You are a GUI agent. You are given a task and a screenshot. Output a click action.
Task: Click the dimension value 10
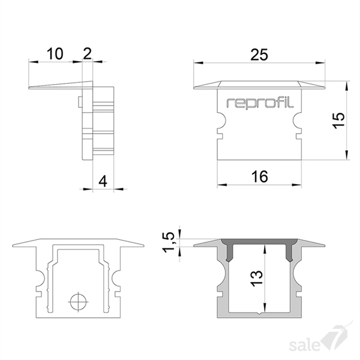coord(55,54)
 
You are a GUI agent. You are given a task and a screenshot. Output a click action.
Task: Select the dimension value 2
coord(87,53)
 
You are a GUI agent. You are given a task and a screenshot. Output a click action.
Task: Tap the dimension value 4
coord(103,181)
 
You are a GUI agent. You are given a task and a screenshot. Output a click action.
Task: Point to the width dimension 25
coord(259,55)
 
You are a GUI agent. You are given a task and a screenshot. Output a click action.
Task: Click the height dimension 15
coord(338,121)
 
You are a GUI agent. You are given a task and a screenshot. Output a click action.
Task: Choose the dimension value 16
coord(259,176)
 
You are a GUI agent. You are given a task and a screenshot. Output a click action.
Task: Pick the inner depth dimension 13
coord(256,278)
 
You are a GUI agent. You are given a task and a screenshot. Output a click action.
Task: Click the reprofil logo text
coord(260,103)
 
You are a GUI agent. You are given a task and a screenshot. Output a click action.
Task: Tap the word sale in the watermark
coord(304,346)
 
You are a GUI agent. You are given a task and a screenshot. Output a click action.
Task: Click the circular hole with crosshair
coord(78,302)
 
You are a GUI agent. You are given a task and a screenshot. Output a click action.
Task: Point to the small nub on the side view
coord(80,102)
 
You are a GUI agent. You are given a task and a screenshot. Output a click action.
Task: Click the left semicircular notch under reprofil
coord(221,121)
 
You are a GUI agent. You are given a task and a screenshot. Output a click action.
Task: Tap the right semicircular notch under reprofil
coord(297,121)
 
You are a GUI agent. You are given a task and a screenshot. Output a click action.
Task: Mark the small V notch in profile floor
coord(259,313)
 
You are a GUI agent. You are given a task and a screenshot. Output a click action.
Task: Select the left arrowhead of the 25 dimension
coord(199,62)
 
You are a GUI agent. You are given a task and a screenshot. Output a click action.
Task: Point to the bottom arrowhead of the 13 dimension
coord(265,307)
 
